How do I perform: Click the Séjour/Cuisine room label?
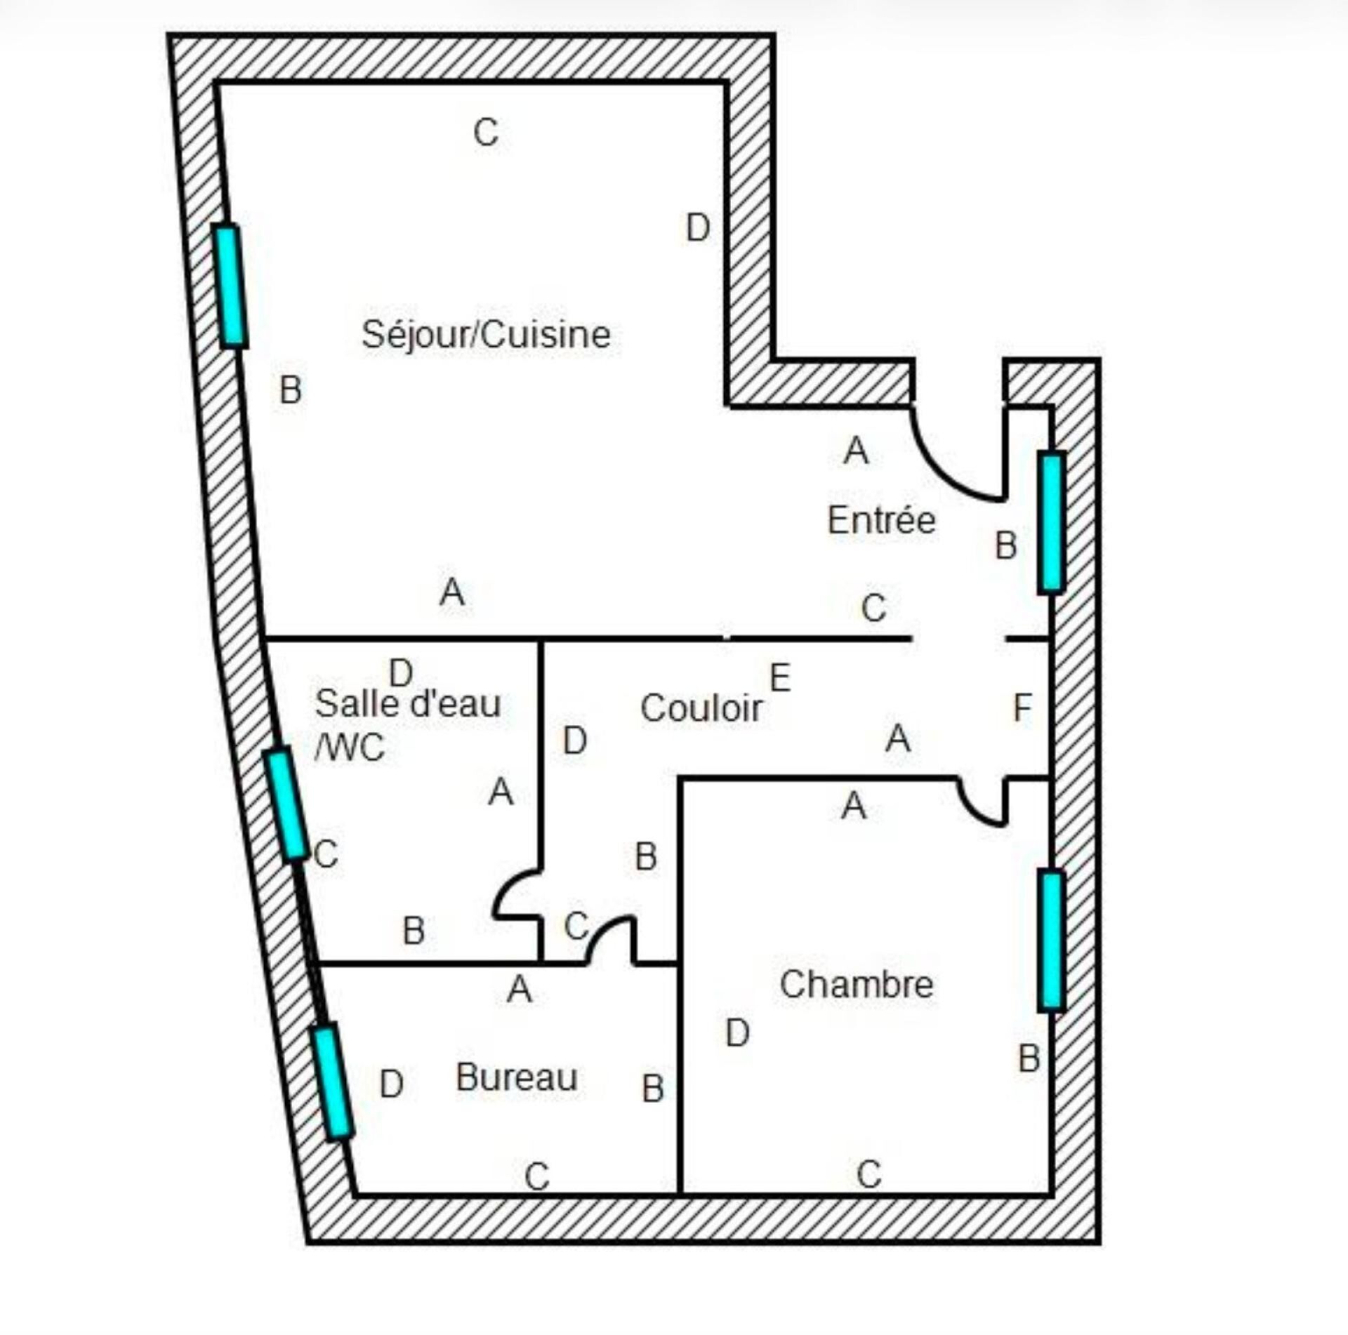coord(486,335)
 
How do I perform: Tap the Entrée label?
coord(882,520)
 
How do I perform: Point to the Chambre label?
coord(857,984)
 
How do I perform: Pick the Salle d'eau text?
coord(408,703)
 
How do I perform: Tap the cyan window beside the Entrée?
coord(1051,522)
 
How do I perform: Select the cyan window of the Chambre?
coord(1051,940)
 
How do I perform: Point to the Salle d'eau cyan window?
coord(285,804)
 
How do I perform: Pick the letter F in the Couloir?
coord(1022,708)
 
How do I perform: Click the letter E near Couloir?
coord(780,677)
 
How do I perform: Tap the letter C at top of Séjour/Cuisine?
coord(486,132)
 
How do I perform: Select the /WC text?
coord(350,748)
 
